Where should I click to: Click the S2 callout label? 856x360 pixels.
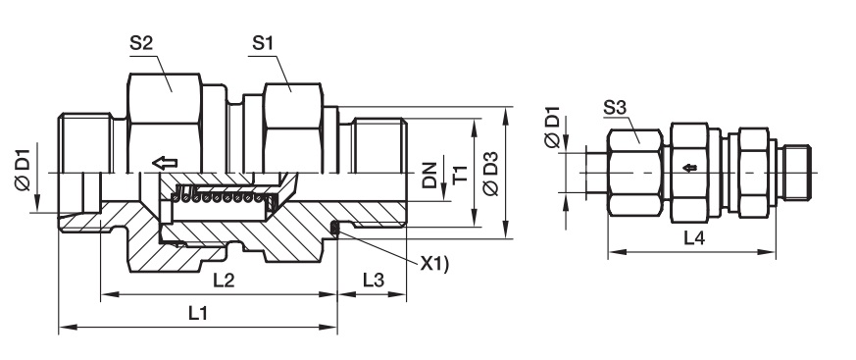pos(140,44)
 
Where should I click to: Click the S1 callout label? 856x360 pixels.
pos(263,44)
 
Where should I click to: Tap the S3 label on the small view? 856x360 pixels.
pos(615,108)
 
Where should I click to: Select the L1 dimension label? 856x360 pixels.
pos(199,314)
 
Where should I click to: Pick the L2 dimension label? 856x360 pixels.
pos(224,281)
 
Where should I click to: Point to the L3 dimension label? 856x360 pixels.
pos(374,281)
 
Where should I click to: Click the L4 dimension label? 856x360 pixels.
pos(694,238)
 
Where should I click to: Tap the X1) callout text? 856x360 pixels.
pos(434,265)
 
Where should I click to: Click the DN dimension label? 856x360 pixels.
pos(429,175)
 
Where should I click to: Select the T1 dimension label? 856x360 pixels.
pos(460,175)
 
